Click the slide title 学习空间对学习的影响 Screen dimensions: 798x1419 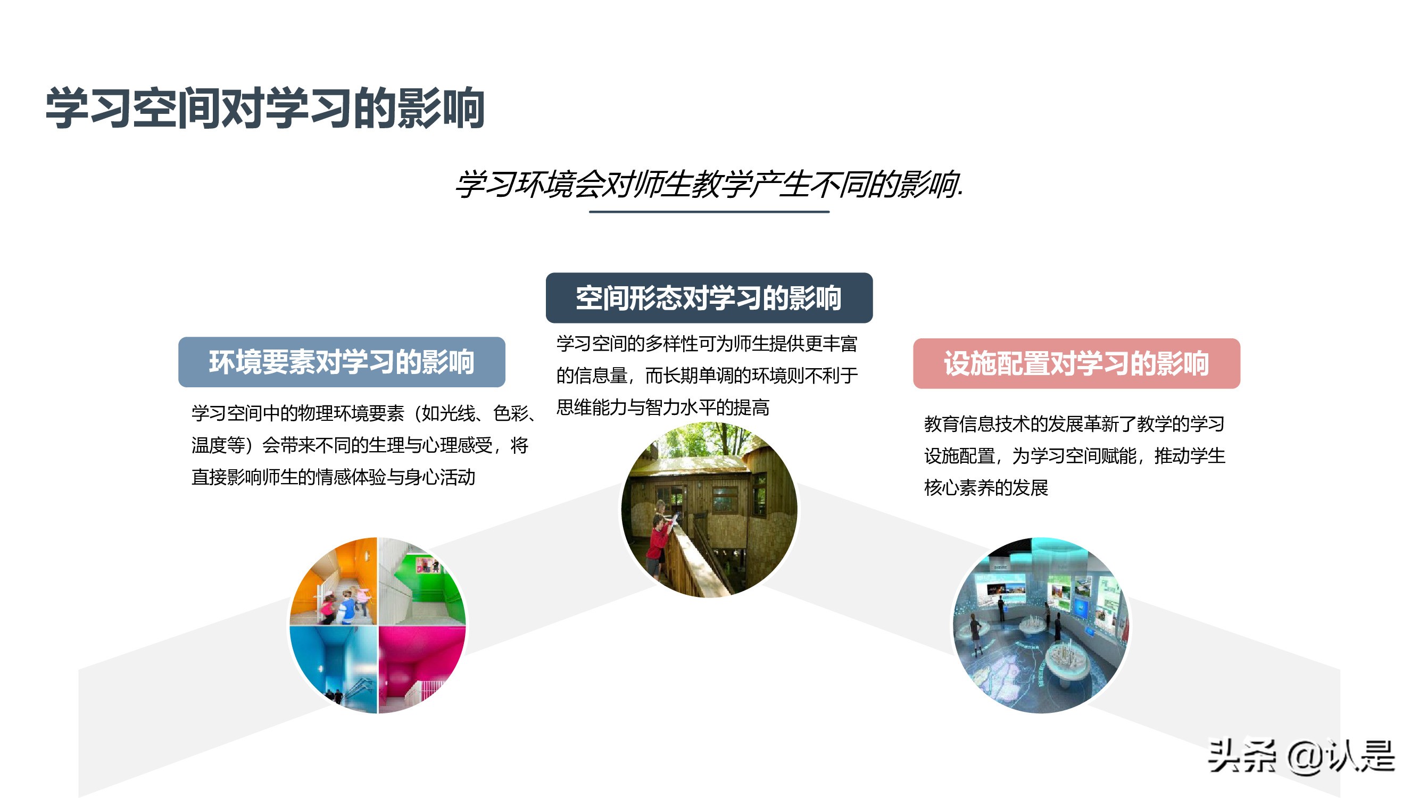point(264,108)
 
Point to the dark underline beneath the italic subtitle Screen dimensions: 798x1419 point(709,212)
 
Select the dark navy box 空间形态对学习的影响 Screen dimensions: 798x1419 point(709,298)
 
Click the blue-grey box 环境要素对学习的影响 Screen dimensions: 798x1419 point(342,362)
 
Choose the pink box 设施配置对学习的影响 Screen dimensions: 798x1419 point(1076,363)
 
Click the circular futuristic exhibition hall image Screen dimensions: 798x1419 point(1041,625)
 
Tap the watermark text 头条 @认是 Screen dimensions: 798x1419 point(1300,757)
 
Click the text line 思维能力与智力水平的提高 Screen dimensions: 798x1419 point(662,408)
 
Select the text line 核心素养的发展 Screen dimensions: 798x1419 point(986,488)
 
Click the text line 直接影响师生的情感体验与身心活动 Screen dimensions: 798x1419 point(333,477)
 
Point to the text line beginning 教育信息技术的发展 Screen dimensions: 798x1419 point(1074,424)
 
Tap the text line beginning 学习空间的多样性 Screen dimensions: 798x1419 point(707,344)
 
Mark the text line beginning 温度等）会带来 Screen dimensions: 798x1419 point(360,445)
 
